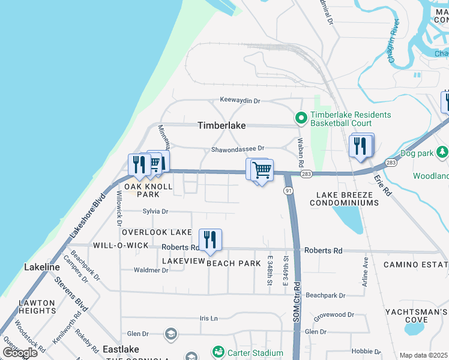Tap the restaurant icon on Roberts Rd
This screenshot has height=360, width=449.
(210, 240)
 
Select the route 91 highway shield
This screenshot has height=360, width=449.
(288, 191)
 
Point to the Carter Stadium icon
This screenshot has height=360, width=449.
(218, 351)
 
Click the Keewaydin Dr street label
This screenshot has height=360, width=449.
(240, 100)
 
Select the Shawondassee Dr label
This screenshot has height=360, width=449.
(237, 149)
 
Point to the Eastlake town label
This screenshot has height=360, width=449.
(121, 349)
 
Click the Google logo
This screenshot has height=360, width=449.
(20, 352)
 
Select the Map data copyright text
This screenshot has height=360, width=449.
(423, 355)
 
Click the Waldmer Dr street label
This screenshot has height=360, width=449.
(151, 270)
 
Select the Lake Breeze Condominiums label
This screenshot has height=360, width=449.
(344, 199)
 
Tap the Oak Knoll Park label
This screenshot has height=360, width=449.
(148, 190)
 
